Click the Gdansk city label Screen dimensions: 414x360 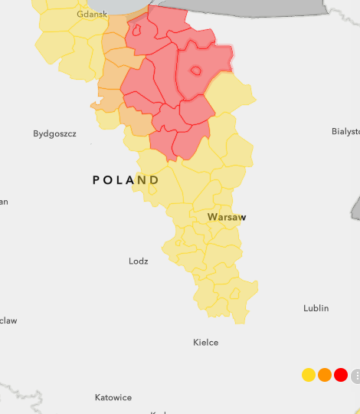[92, 15]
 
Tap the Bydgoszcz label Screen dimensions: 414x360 [54, 134]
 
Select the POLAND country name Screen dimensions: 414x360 [126, 180]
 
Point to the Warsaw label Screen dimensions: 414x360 [227, 218]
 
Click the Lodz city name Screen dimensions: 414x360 [139, 261]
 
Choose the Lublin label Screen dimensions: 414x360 [316, 308]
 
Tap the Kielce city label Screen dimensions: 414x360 [205, 343]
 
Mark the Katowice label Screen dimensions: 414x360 [113, 398]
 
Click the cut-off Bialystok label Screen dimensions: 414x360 [345, 131]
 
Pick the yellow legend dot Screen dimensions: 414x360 [309, 375]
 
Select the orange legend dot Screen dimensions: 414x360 [325, 375]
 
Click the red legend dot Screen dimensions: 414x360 [341, 375]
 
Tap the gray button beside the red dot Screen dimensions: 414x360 [355, 376]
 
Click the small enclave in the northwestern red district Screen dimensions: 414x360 [137, 31]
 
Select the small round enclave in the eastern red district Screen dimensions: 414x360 [195, 71]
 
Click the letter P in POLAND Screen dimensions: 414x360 [97, 180]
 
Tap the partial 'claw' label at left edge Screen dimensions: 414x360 [8, 320]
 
